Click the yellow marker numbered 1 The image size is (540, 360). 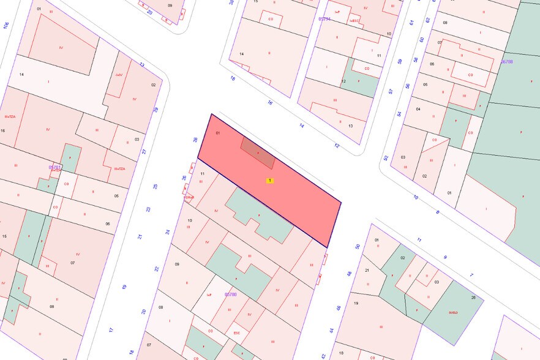269,181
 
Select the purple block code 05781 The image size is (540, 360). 55,167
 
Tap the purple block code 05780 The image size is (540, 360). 231,294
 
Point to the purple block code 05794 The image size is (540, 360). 324,19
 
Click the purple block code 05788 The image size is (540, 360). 506,62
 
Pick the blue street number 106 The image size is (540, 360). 6,25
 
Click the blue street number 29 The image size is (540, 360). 156,110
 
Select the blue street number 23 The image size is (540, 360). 148,209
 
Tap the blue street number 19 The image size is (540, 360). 124,287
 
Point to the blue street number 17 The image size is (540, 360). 111,329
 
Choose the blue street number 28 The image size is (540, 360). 195,140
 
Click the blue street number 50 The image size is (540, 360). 358,247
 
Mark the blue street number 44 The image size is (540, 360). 332,330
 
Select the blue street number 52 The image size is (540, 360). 386,157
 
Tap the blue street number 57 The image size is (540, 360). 390,91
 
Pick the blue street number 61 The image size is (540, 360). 411,22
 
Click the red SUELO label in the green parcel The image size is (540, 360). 453,312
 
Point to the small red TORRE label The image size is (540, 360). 189,197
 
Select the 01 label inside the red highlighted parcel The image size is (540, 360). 217,132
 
